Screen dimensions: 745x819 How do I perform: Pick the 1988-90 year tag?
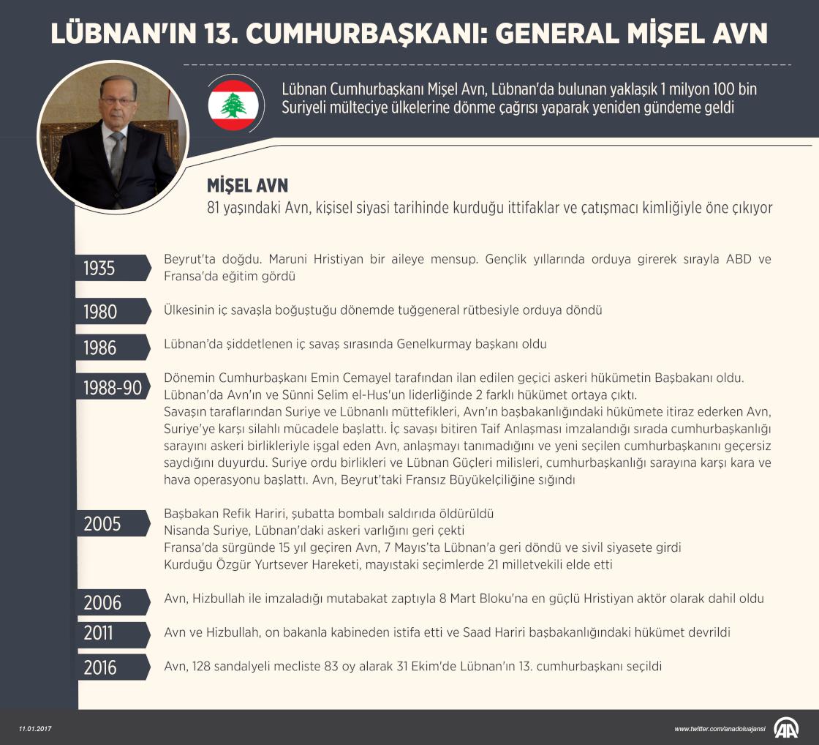112,387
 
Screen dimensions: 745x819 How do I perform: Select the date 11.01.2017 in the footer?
36,729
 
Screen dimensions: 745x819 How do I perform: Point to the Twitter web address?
720,729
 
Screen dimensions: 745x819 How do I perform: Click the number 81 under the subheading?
214,208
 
